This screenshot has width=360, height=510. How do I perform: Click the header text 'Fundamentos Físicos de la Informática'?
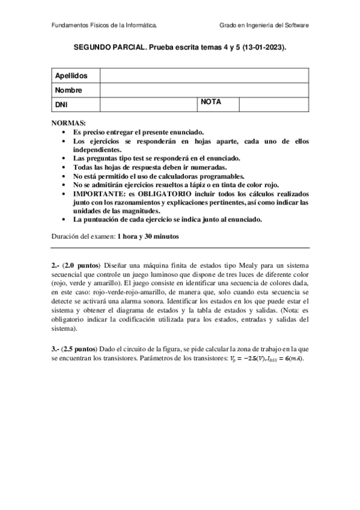point(105,26)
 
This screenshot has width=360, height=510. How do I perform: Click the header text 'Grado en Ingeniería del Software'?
point(264,26)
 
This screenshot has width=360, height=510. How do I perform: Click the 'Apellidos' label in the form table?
point(72,76)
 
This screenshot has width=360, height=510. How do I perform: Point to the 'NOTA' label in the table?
point(211,102)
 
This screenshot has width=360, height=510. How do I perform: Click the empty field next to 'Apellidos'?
point(204,76)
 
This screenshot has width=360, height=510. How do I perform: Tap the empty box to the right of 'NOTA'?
point(274,105)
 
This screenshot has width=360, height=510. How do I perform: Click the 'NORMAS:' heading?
point(69,123)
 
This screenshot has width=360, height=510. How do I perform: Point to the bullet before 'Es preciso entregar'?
point(65,131)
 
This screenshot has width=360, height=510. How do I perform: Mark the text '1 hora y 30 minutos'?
point(148,236)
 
